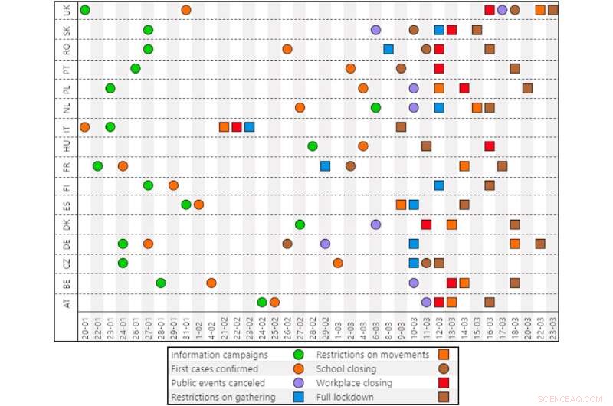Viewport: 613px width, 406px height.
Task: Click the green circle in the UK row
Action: [84, 10]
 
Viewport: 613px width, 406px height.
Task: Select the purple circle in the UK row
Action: [502, 10]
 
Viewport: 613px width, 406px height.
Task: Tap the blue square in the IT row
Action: [249, 126]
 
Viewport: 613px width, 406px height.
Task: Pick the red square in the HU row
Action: [490, 146]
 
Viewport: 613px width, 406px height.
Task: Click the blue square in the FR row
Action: [325, 165]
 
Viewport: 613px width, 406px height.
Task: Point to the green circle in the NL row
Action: [375, 107]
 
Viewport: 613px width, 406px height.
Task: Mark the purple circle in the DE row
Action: [325, 244]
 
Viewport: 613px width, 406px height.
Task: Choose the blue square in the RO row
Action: [388, 49]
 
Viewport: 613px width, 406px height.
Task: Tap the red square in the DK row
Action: [426, 224]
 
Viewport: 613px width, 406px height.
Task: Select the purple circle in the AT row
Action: [426, 302]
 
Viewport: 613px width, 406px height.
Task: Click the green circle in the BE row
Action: [161, 283]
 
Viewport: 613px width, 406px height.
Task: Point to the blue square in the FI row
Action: [439, 185]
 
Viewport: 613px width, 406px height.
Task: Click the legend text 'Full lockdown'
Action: [347, 396]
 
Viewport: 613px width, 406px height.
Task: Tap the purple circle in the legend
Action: [298, 382]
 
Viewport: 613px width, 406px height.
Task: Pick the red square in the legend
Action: [443, 382]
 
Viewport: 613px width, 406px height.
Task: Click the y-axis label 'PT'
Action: [67, 69]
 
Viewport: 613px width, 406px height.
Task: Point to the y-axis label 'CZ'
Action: [67, 264]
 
